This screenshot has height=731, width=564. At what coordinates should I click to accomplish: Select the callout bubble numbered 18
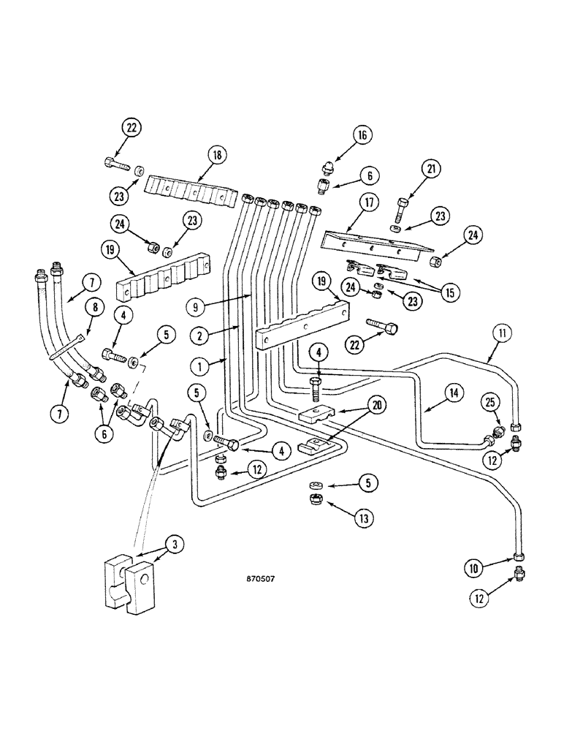(x=218, y=155)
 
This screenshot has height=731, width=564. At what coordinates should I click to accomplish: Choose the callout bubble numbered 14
(x=453, y=393)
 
